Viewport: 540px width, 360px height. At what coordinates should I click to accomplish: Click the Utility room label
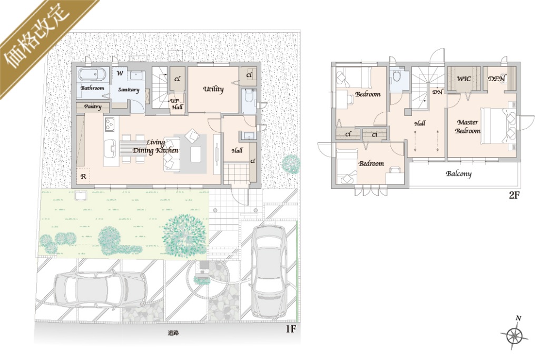pyautogui.click(x=213, y=89)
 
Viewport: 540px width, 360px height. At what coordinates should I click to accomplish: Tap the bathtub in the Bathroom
pyautogui.click(x=92, y=75)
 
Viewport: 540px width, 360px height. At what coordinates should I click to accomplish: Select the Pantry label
pyautogui.click(x=93, y=107)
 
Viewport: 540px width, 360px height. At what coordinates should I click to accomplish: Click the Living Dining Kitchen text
pyautogui.click(x=155, y=147)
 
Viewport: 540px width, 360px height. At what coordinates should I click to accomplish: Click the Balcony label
pyautogui.click(x=458, y=173)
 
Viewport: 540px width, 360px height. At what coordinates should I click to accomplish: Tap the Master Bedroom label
pyautogui.click(x=467, y=127)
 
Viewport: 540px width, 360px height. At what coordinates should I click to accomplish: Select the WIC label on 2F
pyautogui.click(x=464, y=79)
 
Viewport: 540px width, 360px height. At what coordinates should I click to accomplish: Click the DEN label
pyautogui.click(x=496, y=79)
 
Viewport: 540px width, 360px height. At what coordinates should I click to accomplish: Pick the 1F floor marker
pyautogui.click(x=291, y=329)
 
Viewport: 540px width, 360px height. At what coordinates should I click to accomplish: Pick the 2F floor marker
pyautogui.click(x=514, y=195)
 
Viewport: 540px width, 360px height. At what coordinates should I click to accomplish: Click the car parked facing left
pyautogui.click(x=101, y=288)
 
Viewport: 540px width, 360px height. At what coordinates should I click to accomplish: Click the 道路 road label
pyautogui.click(x=173, y=333)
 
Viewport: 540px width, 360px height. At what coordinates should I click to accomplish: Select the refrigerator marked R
pyautogui.click(x=83, y=177)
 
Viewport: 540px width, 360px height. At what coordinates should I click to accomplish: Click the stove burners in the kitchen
pyautogui.click(x=110, y=124)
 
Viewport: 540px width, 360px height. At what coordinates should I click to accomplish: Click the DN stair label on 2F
pyautogui.click(x=437, y=92)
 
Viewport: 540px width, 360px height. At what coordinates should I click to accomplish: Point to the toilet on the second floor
pyautogui.click(x=397, y=76)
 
